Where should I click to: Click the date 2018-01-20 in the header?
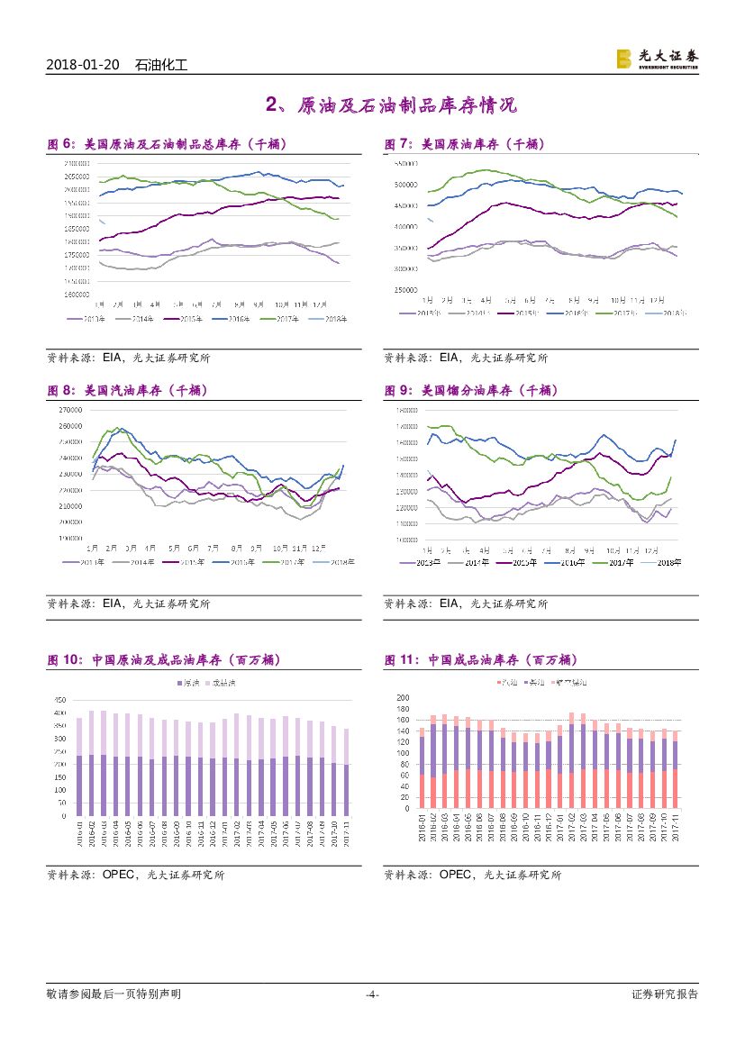pos(83,65)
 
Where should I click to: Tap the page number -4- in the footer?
pos(372,994)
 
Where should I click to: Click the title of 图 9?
pos(472,390)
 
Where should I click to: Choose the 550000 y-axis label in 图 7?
pos(404,164)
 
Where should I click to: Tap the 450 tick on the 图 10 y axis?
pos(60,700)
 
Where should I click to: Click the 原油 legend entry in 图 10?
pos(186,684)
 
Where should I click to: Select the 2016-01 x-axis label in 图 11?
pos(422,827)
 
